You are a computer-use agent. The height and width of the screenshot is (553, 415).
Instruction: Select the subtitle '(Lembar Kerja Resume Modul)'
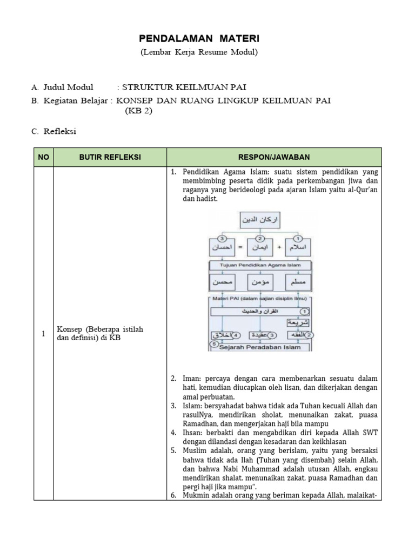pos(199,52)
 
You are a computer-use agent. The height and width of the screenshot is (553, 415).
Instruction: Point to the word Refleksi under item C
pos(60,131)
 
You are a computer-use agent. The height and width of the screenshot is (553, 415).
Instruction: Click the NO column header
pos(44,157)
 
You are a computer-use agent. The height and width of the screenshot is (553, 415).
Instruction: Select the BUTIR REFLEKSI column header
pos(110,157)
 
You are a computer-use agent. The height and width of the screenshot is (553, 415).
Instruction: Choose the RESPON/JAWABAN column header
pos(275,157)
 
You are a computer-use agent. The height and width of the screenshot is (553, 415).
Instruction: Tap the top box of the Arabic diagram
pos(262,220)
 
